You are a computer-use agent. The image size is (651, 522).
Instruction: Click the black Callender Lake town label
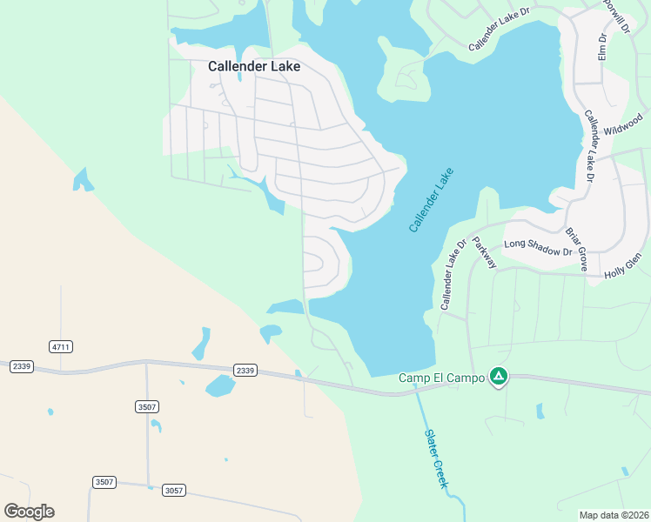[x=254, y=66]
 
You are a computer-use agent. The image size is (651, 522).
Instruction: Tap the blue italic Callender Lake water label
[x=433, y=200]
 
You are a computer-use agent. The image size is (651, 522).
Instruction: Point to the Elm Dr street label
[x=602, y=49]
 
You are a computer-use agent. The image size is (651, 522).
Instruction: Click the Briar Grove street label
[x=577, y=247]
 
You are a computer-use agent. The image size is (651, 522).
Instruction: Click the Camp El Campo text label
[x=441, y=378]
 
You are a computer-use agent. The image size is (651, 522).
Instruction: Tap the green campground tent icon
[x=498, y=377]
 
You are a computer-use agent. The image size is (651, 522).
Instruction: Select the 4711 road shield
[x=61, y=346]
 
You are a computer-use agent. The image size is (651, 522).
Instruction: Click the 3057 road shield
[x=173, y=490]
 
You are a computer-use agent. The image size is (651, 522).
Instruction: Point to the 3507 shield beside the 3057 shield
[x=104, y=482]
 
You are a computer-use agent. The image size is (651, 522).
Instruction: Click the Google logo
[x=29, y=512]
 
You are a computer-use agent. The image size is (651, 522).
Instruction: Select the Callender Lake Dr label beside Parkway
[x=453, y=274]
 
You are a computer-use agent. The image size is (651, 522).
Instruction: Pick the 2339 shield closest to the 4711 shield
[x=22, y=367]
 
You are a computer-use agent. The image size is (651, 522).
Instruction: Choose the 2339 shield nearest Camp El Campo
[x=245, y=371]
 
